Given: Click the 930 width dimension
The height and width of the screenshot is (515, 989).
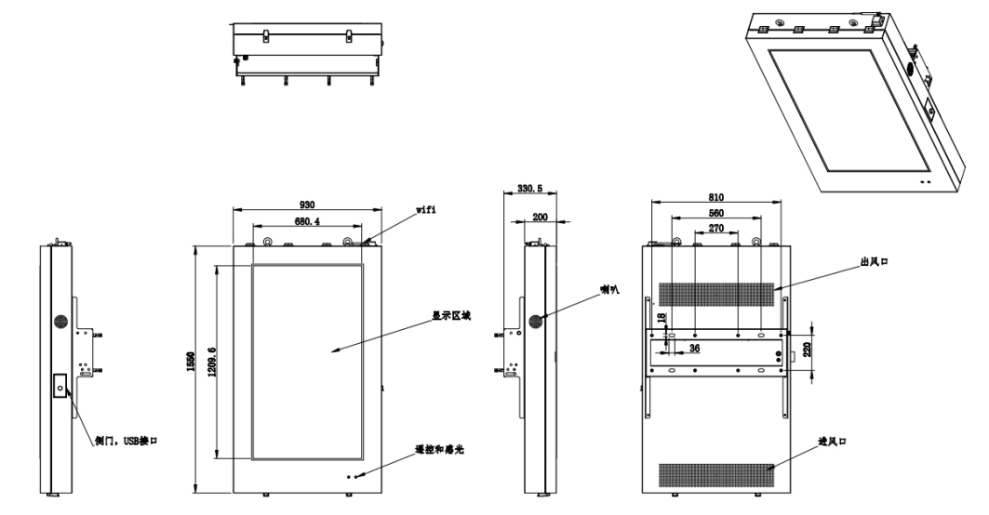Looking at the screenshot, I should [x=305, y=204].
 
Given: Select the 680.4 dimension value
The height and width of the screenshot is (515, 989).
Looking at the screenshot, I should [x=305, y=222].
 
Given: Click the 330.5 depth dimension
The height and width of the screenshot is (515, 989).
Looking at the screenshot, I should [x=528, y=189].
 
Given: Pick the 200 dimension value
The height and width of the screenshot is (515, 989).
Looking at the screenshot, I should [x=540, y=217].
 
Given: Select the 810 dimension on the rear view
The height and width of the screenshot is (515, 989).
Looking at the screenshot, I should [x=715, y=197].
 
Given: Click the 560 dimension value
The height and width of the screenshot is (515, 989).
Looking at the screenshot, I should [x=715, y=212].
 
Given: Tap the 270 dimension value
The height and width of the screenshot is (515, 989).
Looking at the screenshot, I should [x=716, y=227].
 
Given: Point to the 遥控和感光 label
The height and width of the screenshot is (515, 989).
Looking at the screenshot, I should [x=438, y=449].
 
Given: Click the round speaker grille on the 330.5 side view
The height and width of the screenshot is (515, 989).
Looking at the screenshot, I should [x=536, y=321].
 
